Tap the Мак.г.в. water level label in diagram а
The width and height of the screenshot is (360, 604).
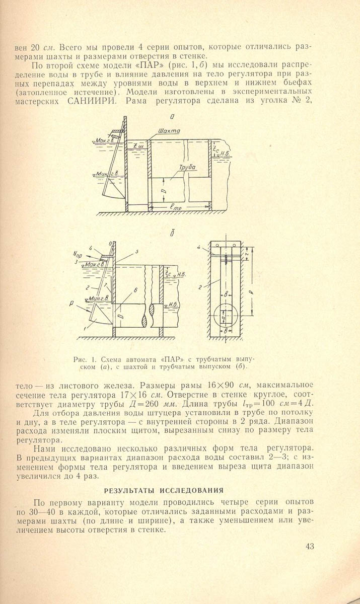point(105,140)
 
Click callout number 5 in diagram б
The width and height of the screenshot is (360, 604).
point(136,251)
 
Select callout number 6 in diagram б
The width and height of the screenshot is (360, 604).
point(136,290)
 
